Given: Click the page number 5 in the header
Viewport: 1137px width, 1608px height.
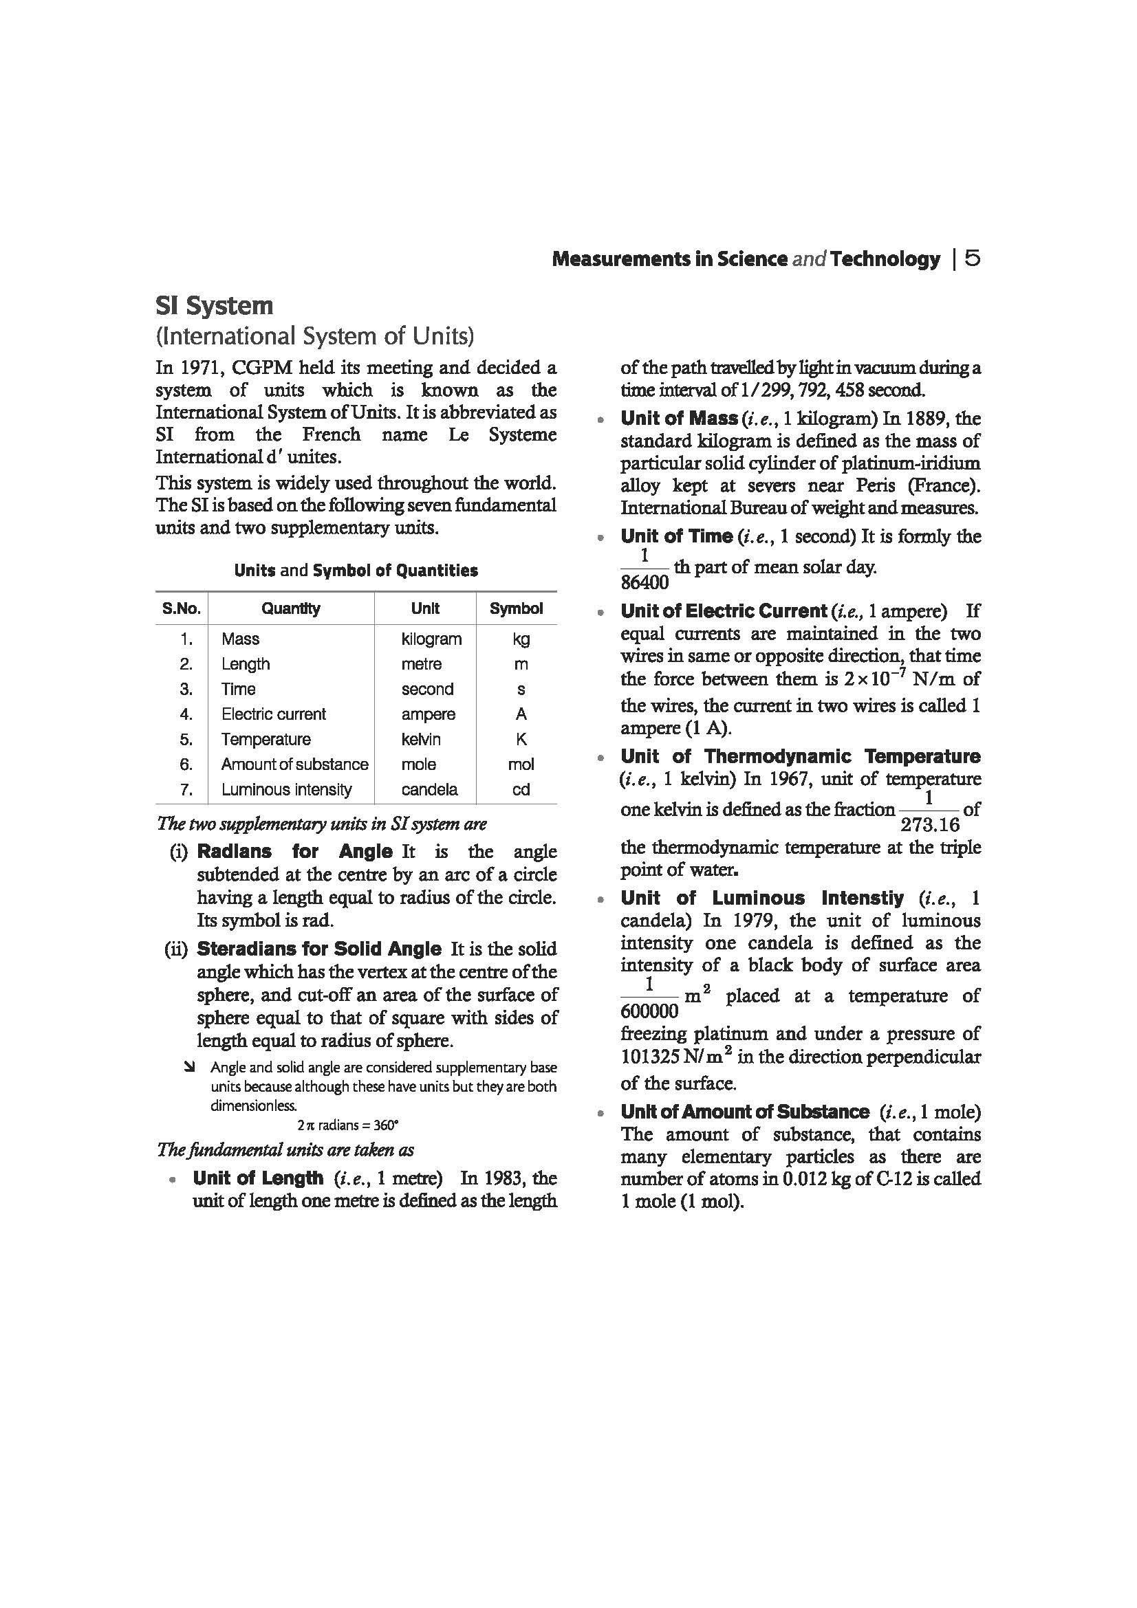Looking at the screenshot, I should pos(973,259).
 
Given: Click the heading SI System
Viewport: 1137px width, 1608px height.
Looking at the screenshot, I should pos(214,306).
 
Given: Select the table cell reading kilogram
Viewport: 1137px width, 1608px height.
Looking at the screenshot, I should pos(431,639).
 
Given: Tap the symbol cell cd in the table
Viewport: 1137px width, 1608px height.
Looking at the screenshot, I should pos(521,789).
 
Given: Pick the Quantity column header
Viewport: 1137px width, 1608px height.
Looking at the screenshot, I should pos(291,608).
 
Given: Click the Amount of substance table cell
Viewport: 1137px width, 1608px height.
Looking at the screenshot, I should pos(294,764).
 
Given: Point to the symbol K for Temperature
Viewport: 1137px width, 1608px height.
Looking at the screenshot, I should pos(521,739).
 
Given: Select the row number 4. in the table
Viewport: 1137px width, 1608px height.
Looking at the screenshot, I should pos(186,714).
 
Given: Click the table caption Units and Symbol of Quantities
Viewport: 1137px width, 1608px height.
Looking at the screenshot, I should pos(356,571).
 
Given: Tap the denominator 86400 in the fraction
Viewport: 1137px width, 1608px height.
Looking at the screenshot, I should pos(645,582).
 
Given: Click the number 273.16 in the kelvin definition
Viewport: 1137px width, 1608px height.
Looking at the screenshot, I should pos(930,824).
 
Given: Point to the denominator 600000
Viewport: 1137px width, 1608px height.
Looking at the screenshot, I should pos(649,1011).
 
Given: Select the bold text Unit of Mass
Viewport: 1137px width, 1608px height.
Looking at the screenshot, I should pos(678,419).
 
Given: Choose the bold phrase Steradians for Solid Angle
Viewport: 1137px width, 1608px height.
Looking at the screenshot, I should pos(318,949).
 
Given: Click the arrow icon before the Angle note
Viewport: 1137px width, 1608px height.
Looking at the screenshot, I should pos(188,1068).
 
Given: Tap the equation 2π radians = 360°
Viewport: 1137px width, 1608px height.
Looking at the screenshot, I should pos(347,1125).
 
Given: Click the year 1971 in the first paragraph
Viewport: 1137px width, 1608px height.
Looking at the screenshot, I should pos(201,368).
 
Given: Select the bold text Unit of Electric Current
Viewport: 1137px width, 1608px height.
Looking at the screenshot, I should pos(723,611).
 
